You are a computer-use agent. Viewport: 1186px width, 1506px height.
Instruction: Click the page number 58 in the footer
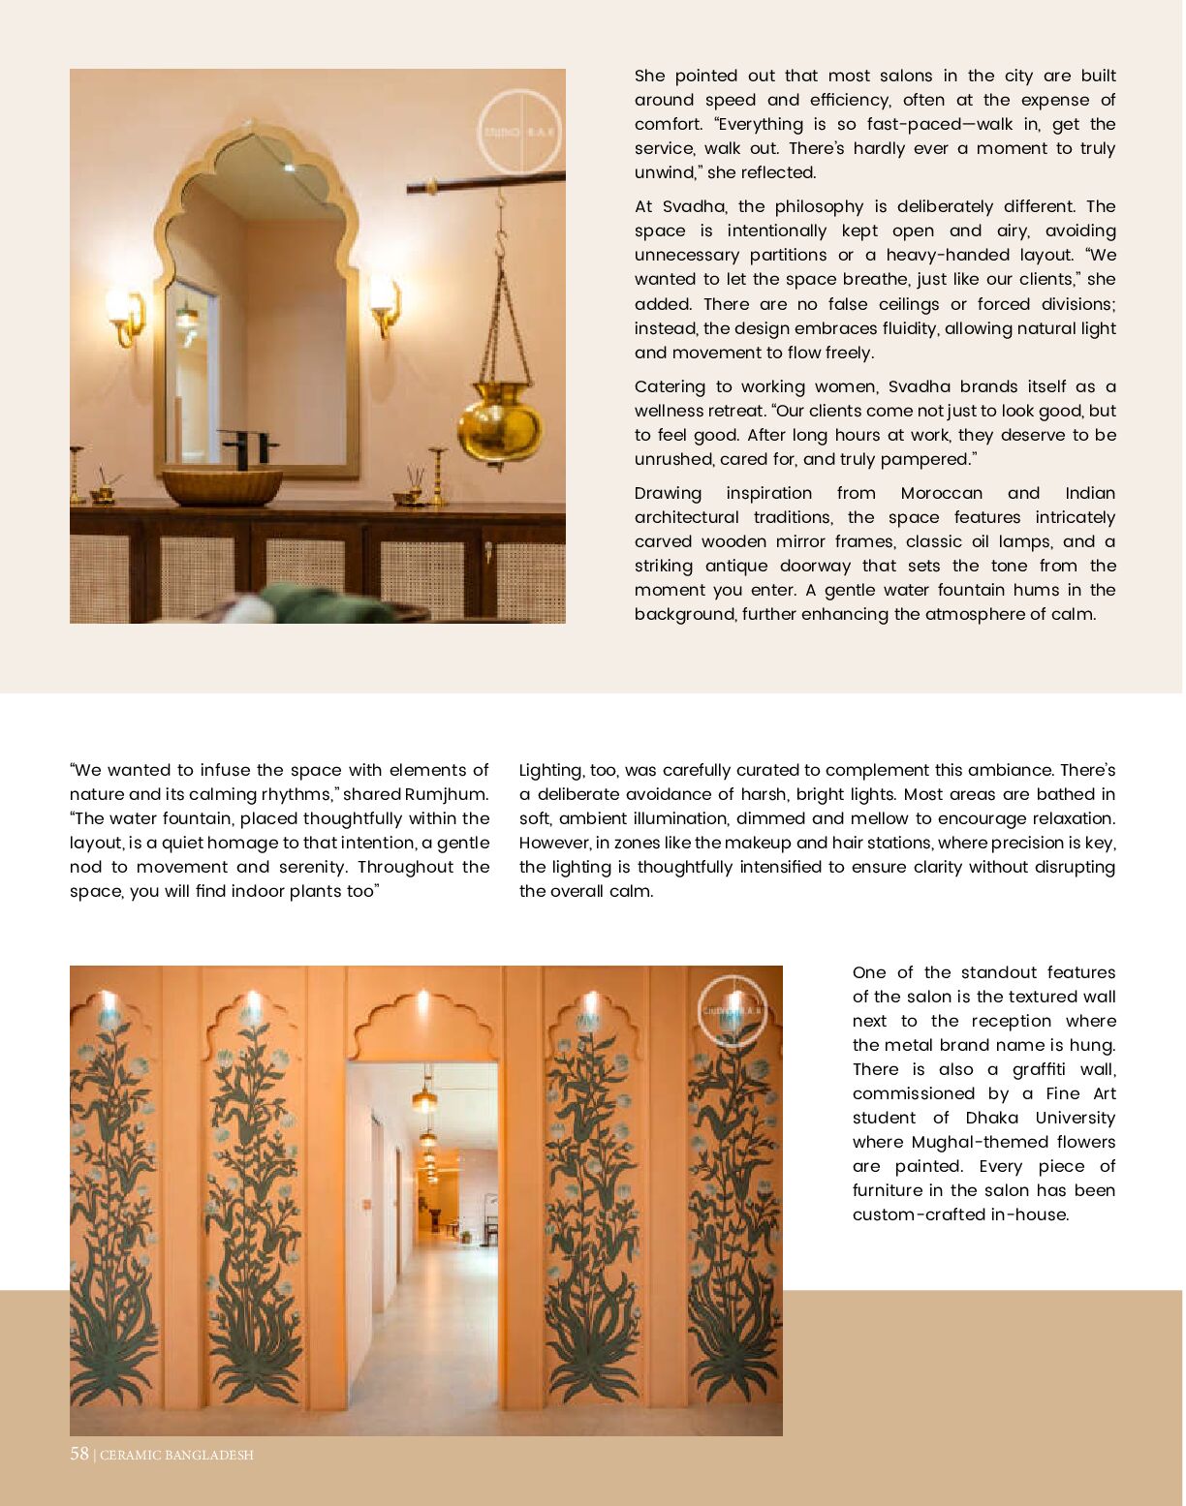tap(79, 1454)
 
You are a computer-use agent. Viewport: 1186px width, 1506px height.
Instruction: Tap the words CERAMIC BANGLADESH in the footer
tap(176, 1455)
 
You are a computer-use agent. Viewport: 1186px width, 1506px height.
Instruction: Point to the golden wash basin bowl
tap(222, 485)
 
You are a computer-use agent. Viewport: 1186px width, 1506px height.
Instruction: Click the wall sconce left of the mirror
tap(125, 313)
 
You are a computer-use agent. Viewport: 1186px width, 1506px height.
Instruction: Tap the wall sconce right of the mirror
tap(385, 302)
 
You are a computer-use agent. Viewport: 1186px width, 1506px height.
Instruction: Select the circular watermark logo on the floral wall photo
tap(733, 1011)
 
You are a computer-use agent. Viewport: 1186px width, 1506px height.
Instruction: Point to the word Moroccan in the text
tap(941, 493)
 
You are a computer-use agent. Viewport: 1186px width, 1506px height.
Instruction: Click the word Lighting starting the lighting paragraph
tap(550, 770)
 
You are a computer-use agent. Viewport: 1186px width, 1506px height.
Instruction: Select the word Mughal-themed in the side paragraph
tap(979, 1142)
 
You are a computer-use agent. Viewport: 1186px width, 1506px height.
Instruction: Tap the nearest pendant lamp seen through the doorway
tap(424, 1098)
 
